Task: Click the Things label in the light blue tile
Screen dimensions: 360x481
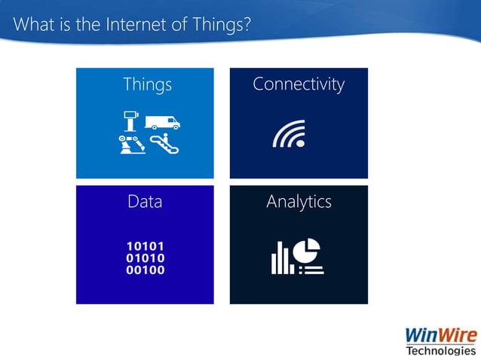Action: click(x=147, y=84)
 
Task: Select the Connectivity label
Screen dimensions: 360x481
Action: click(x=299, y=84)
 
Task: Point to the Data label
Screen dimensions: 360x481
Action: click(x=145, y=202)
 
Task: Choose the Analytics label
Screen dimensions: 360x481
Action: click(x=299, y=202)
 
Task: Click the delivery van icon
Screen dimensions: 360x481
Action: click(x=162, y=121)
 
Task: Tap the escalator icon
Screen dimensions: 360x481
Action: click(x=164, y=143)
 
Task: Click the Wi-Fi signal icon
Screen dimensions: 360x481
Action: click(x=289, y=134)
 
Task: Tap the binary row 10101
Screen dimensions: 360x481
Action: click(x=146, y=246)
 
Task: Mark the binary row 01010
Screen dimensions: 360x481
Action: click(x=146, y=258)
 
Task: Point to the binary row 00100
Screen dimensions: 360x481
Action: click(x=146, y=270)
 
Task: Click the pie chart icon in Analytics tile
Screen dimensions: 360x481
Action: click(x=308, y=249)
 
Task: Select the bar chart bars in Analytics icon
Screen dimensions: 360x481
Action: click(x=281, y=259)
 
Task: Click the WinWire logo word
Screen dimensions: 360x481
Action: click(x=440, y=334)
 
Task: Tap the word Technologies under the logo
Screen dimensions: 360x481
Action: click(x=441, y=351)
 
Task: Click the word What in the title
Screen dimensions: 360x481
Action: click(x=31, y=26)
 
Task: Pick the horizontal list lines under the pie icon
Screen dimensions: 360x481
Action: click(x=311, y=269)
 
